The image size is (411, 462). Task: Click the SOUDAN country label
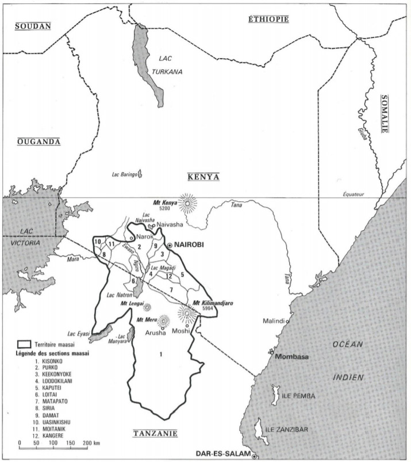pos(33,26)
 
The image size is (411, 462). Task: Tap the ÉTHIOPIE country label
pos(268,19)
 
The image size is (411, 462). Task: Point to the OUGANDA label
pos(39,142)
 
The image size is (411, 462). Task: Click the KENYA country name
pos(203,176)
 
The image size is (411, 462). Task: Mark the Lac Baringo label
pos(123,174)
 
